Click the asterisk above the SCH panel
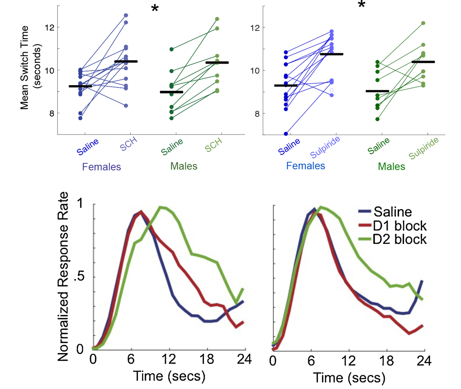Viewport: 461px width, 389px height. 154,9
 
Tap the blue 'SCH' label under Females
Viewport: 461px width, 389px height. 128,144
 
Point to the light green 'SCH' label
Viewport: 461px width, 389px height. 213,144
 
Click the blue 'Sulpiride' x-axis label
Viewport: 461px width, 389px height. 325,147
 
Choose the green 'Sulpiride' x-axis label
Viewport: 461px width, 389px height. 423,148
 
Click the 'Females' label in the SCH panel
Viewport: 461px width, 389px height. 102,167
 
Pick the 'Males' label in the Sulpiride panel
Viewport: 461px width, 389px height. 391,166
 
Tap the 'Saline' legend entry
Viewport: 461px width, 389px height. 392,212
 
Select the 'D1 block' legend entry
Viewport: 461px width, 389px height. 400,226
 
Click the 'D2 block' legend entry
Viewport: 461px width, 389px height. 400,239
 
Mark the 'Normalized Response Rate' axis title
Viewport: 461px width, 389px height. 63,277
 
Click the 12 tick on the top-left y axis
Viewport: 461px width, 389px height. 49,27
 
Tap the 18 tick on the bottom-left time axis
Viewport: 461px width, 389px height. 207,359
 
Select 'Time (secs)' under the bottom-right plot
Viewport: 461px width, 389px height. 349,378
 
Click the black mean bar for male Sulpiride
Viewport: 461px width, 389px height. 423,62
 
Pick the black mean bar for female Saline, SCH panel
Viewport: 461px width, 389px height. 80,86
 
